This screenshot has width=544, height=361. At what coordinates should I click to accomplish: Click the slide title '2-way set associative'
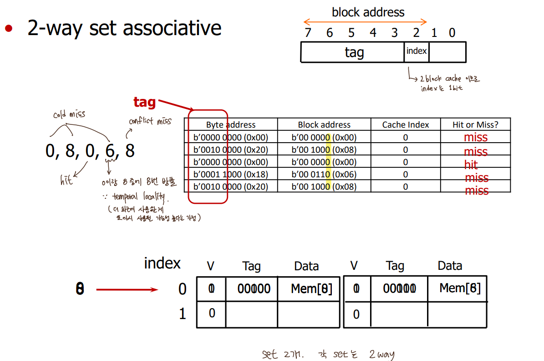pyautogui.click(x=124, y=28)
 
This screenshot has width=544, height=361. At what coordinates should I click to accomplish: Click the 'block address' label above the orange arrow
pyautogui.click(x=368, y=12)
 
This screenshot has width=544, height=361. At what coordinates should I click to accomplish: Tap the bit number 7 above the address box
pyautogui.click(x=308, y=33)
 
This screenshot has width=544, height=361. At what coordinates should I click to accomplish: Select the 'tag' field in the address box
pyautogui.click(x=354, y=52)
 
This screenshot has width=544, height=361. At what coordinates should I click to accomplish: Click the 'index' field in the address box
pyautogui.click(x=416, y=51)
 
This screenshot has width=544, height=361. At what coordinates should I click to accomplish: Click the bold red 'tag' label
pyautogui.click(x=144, y=103)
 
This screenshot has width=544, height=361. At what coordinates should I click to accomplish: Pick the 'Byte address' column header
pyautogui.click(x=231, y=124)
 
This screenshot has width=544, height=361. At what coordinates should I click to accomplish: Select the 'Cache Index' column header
pyautogui.click(x=405, y=124)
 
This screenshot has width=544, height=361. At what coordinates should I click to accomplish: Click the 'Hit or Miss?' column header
pyautogui.click(x=475, y=124)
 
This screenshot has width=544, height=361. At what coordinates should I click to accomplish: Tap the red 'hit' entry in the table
pyautogui.click(x=471, y=165)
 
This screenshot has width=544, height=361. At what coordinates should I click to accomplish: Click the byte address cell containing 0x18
pyautogui.click(x=231, y=174)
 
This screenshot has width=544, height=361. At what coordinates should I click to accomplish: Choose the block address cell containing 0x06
pyautogui.click(x=324, y=174)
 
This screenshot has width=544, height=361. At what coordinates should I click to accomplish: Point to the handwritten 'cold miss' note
pyautogui.click(x=69, y=114)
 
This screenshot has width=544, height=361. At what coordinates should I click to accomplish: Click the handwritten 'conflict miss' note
pyautogui.click(x=150, y=121)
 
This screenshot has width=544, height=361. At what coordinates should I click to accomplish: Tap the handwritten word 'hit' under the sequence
pyautogui.click(x=66, y=180)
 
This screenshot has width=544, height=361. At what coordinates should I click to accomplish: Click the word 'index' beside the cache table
pyautogui.click(x=162, y=263)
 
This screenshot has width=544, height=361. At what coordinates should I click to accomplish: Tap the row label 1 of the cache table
pyautogui.click(x=183, y=314)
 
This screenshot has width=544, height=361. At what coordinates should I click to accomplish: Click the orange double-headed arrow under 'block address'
pyautogui.click(x=365, y=22)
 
